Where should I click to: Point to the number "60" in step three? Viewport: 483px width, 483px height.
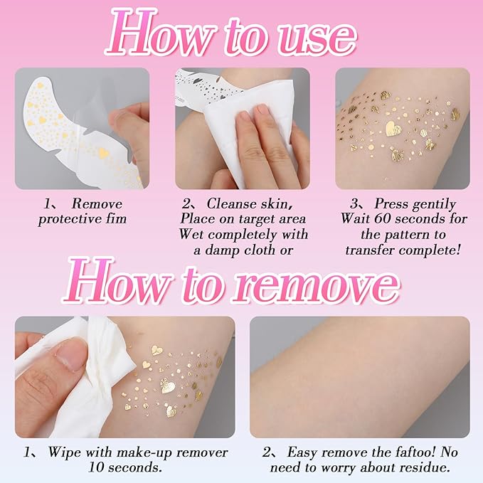pyautogui.click(x=384, y=218)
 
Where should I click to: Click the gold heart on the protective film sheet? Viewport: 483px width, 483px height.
pyautogui.click(x=102, y=153)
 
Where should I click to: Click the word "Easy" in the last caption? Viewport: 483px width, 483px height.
pyautogui.click(x=305, y=452)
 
